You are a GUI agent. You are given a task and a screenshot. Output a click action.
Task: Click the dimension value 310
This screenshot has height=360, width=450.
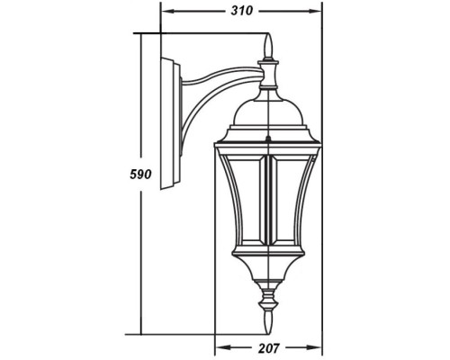click(x=241, y=13)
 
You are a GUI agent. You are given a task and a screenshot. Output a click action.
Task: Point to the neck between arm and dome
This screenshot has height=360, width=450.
click(x=267, y=76)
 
